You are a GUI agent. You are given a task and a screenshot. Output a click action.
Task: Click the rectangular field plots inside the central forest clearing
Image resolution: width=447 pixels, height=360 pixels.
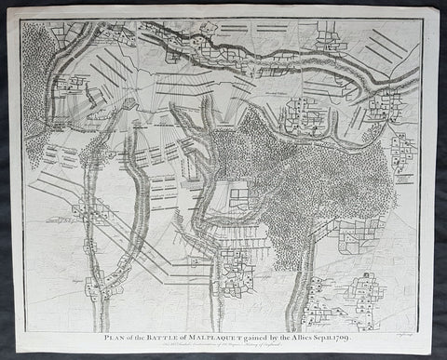[239, 196]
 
